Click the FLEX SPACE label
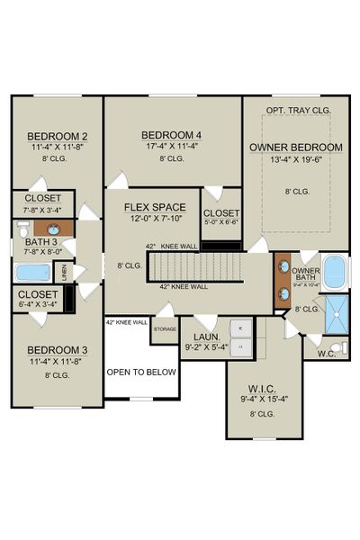(155, 206)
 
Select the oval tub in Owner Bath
(334, 270)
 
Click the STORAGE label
(165, 329)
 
